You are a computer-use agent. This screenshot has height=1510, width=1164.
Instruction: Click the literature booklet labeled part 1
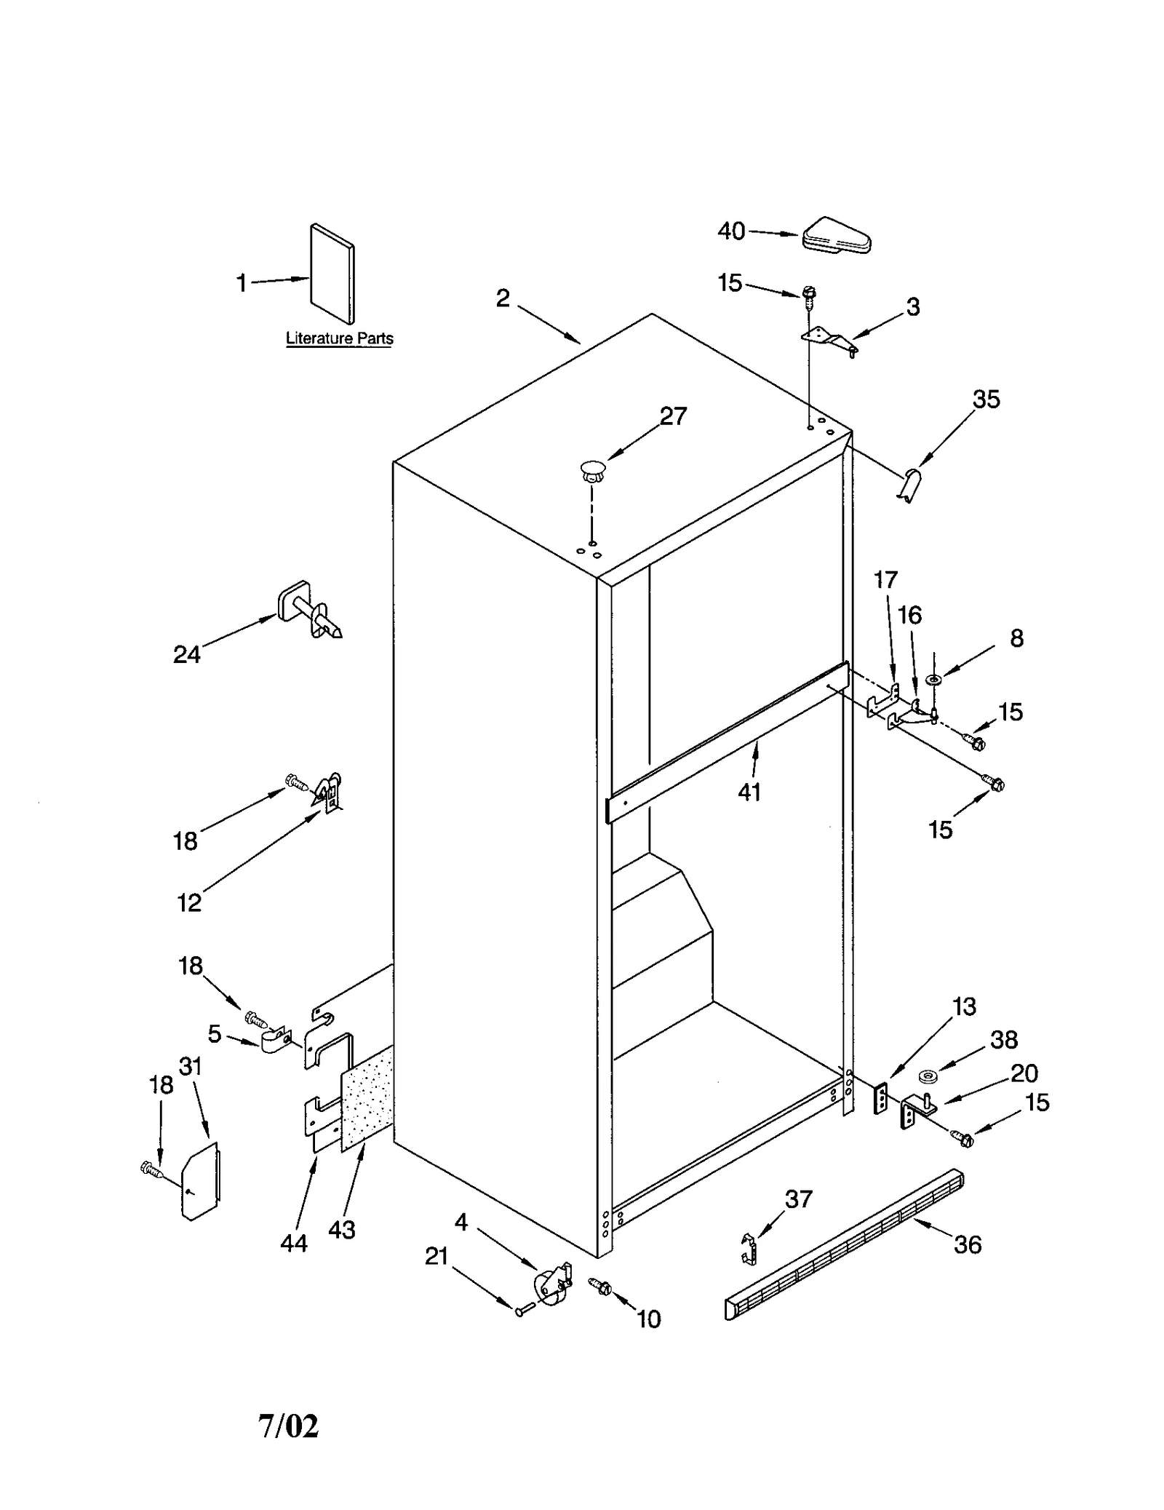[x=332, y=273]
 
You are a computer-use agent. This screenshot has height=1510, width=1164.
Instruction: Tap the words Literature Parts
[x=339, y=338]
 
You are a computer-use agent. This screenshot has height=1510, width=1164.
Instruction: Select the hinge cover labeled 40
[x=837, y=236]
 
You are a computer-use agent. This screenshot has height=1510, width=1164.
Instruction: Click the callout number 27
[x=673, y=416]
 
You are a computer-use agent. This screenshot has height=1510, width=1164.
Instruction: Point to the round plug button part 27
[x=592, y=470]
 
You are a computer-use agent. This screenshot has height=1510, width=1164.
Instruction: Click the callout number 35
[x=986, y=400]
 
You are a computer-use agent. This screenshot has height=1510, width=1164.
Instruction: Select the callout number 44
[x=294, y=1244]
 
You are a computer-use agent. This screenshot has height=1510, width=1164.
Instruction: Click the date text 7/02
[x=288, y=1426]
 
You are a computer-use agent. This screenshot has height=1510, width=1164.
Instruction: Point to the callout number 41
[x=749, y=792]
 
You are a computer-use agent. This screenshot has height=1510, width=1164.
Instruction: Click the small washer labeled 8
[x=933, y=680]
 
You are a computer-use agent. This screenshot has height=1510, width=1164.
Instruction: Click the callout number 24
[x=187, y=655]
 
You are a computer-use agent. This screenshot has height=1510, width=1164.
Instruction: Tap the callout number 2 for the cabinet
[x=503, y=298]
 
